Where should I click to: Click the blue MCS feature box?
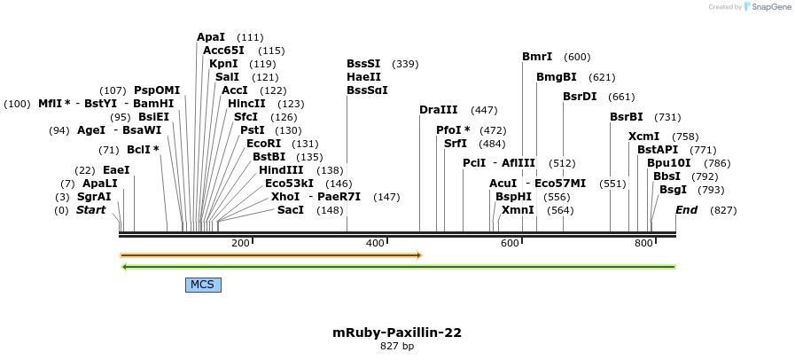(x=203, y=285)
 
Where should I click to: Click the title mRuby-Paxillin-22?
(x=396, y=333)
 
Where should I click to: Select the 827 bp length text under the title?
(x=396, y=347)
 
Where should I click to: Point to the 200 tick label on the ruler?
(x=240, y=243)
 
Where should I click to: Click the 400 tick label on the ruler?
(x=375, y=243)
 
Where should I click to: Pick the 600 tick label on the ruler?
(x=510, y=243)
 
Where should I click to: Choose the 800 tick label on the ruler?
(x=644, y=243)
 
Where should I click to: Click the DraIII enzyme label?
(x=439, y=110)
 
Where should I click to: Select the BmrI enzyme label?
(x=537, y=57)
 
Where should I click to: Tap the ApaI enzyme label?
(x=211, y=37)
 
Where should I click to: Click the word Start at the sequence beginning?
(x=90, y=210)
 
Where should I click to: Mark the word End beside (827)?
(x=687, y=210)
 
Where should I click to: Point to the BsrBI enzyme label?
(x=627, y=117)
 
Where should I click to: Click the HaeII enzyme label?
(x=364, y=77)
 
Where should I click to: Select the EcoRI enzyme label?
(x=263, y=144)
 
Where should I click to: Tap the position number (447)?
(x=484, y=110)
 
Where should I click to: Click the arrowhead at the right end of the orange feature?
(x=418, y=255)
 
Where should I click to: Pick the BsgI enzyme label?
(x=673, y=190)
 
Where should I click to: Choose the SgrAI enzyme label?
(x=94, y=197)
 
